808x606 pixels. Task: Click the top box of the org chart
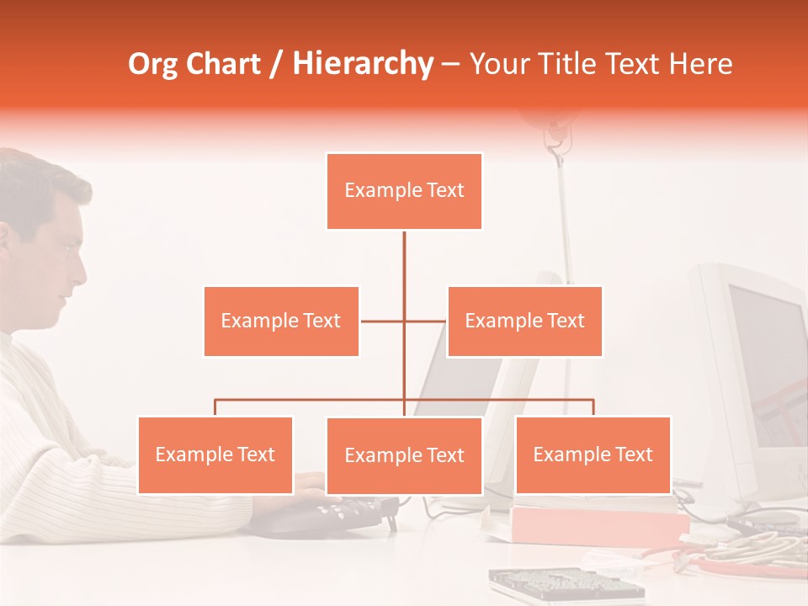404,191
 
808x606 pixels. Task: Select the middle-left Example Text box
281,321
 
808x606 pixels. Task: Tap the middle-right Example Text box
524,321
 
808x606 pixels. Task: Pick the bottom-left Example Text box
215,454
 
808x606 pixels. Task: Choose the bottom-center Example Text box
404,455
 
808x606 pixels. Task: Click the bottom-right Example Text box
593,454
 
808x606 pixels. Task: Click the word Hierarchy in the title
363,63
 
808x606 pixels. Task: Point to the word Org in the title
152,64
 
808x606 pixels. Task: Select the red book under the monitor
598,524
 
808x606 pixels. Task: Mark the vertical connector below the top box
404,261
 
